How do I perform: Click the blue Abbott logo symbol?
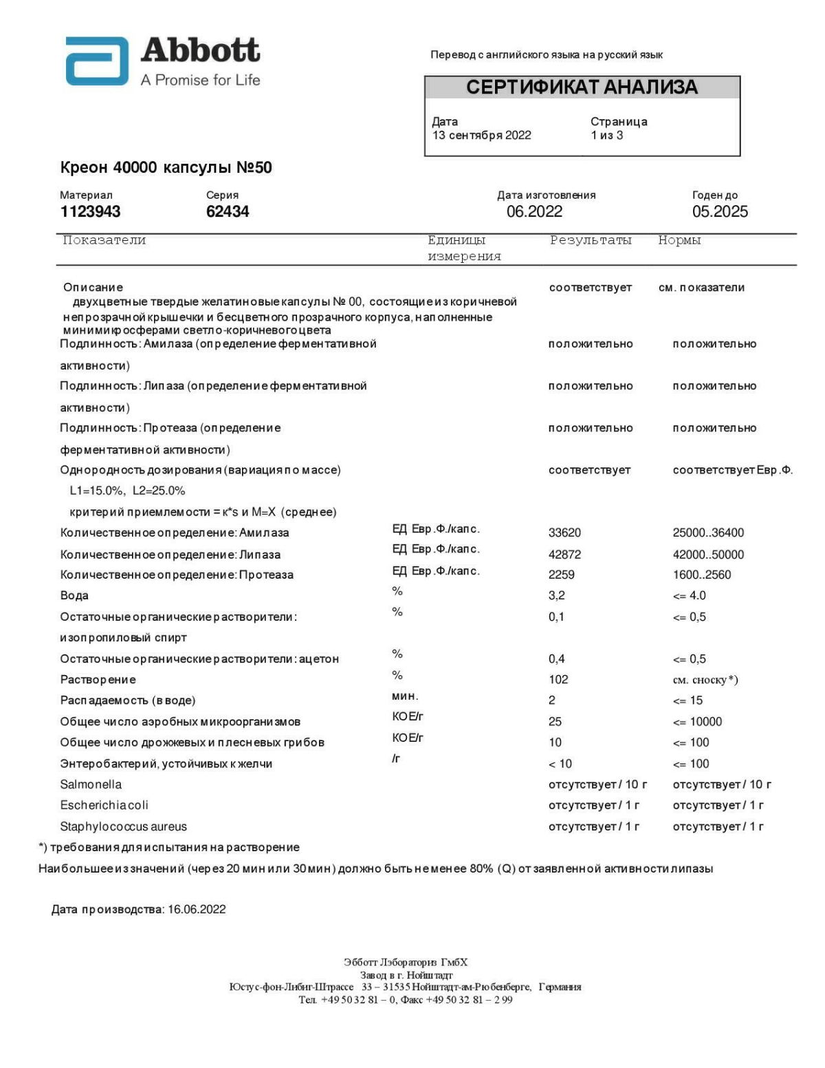[x=97, y=61]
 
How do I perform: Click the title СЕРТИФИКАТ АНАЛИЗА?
[x=582, y=87]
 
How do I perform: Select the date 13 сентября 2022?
[x=481, y=136]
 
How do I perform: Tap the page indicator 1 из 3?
[x=606, y=136]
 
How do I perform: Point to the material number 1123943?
[x=90, y=212]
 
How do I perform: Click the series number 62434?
[x=228, y=212]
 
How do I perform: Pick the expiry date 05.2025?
[x=720, y=212]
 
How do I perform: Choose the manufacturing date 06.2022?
[x=534, y=212]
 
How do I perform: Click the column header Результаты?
[x=591, y=240]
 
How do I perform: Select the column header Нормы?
[x=679, y=240]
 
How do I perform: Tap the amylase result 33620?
[x=564, y=533]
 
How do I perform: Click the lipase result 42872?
[x=564, y=555]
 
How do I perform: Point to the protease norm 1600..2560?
[x=702, y=575]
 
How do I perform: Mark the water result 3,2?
[x=557, y=595]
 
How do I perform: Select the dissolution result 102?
[x=558, y=679]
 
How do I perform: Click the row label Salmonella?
[x=91, y=784]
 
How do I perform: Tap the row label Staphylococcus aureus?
[x=123, y=826]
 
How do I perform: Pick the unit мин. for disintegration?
[x=405, y=696]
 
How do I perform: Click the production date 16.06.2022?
[x=197, y=910]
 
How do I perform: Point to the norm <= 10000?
[x=697, y=722]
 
